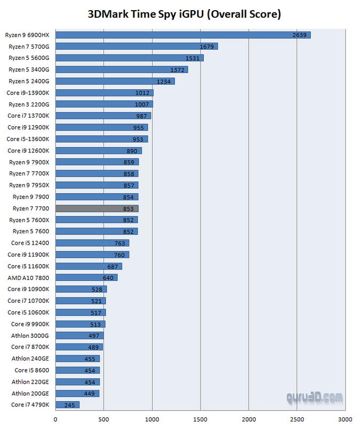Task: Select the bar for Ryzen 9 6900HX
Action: click(x=182, y=35)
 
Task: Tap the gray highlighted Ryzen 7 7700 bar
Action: click(x=96, y=209)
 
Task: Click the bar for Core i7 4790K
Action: click(x=67, y=405)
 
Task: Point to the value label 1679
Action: click(x=207, y=47)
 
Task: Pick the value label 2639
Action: click(x=300, y=35)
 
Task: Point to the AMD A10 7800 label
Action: click(x=28, y=278)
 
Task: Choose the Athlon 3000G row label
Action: click(x=30, y=335)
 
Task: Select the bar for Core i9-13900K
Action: click(x=104, y=93)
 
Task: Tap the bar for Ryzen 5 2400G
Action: click(x=115, y=81)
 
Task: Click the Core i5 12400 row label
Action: click(x=30, y=243)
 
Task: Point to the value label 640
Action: click(x=109, y=278)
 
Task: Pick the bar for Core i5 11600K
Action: click(x=89, y=266)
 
